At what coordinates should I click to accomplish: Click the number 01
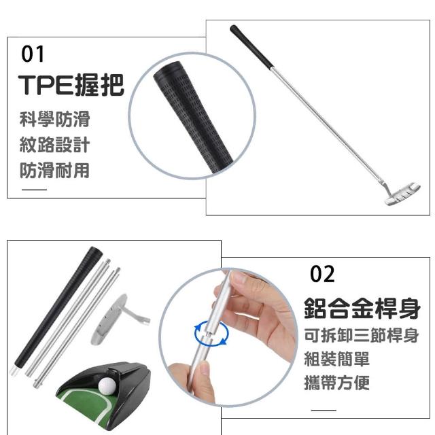pyautogui.click(x=33, y=54)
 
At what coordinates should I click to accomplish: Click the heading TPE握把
pyautogui.click(x=71, y=85)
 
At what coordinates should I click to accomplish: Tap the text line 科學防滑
pyautogui.click(x=54, y=119)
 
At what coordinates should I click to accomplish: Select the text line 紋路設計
pyautogui.click(x=54, y=145)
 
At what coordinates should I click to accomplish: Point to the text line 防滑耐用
pyautogui.click(x=54, y=170)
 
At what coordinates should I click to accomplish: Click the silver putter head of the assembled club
pyautogui.click(x=403, y=193)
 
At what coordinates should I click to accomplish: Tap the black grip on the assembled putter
pyautogui.click(x=251, y=46)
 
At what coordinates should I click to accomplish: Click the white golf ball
pyautogui.click(x=107, y=386)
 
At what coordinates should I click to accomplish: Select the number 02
pyautogui.click(x=322, y=274)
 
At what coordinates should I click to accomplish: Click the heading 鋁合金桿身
pyautogui.click(x=362, y=308)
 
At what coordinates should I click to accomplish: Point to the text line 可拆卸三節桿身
pyautogui.click(x=362, y=336)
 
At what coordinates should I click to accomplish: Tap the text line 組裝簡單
pyautogui.click(x=337, y=360)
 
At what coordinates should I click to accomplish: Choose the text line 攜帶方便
pyautogui.click(x=337, y=383)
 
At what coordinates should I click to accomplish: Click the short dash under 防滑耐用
pyautogui.click(x=35, y=190)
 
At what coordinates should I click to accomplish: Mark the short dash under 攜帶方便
pyautogui.click(x=324, y=410)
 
